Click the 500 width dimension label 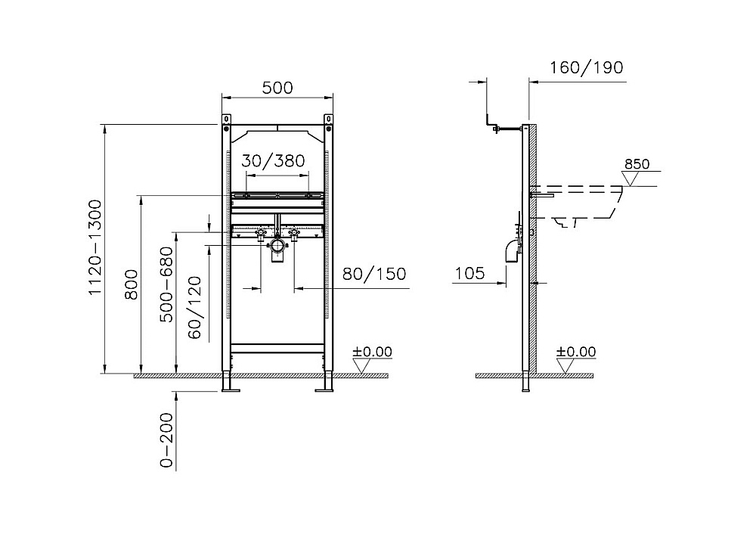point(277,88)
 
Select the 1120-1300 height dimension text point(95,247)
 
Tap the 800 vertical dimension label point(131,284)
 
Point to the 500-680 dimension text point(166,284)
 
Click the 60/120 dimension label point(194,308)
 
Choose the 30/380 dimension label point(274,160)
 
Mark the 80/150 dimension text point(374,274)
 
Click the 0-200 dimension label point(166,440)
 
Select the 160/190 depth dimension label point(587,67)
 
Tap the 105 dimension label point(470,274)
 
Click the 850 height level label point(637,164)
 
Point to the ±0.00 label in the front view point(372,352)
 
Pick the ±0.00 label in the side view point(576,352)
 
